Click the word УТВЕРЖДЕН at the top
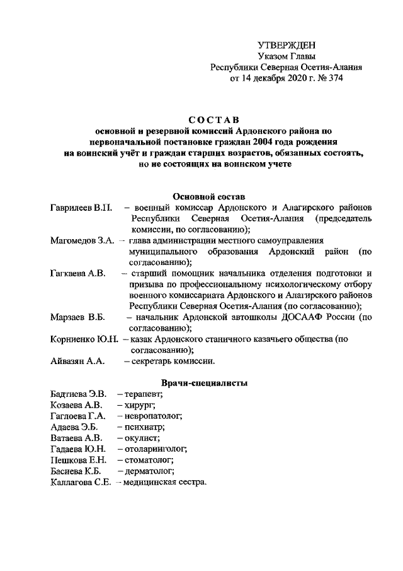point(287,45)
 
